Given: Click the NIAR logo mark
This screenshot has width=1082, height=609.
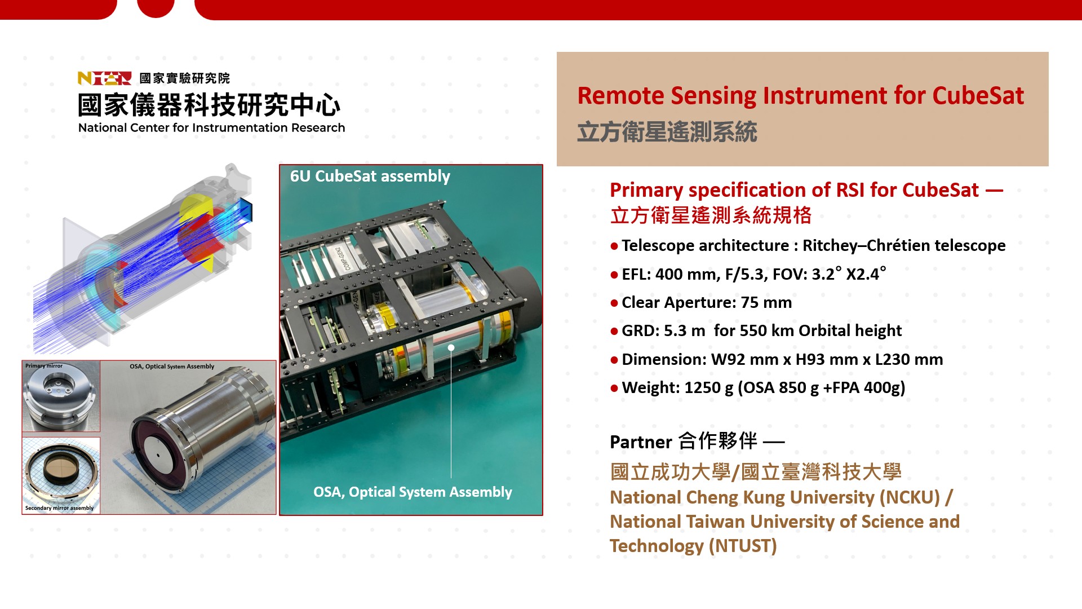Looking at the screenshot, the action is [x=105, y=78].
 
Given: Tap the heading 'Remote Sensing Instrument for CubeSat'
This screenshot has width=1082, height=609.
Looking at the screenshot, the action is [x=801, y=95].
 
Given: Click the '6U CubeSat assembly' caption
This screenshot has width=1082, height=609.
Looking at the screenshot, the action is [x=370, y=176].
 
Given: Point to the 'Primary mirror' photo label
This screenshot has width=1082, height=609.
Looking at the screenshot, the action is [x=44, y=366].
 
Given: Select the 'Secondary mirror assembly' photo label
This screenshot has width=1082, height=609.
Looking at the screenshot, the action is [x=59, y=508].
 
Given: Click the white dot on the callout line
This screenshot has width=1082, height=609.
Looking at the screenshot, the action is [x=451, y=348].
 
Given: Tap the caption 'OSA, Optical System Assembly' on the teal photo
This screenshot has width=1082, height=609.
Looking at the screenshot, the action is [x=413, y=492].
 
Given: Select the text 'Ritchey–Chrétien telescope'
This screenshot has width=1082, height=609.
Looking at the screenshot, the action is [x=904, y=246].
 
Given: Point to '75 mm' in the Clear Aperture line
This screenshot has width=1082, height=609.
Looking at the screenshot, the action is [x=766, y=303].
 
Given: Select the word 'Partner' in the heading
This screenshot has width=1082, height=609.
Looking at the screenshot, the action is [x=641, y=442].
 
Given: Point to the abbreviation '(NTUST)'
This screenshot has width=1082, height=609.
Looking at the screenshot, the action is [x=742, y=546].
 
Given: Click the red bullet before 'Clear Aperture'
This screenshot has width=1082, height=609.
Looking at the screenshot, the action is [x=614, y=303].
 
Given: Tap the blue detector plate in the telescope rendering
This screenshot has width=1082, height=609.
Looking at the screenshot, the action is [x=246, y=210].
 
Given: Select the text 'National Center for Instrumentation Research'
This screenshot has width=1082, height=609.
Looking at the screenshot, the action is [x=211, y=128].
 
